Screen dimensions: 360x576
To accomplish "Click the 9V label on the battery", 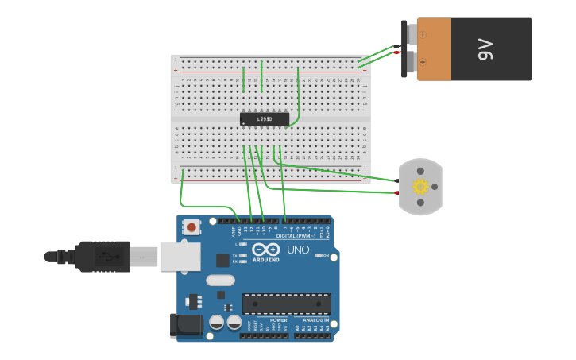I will (x=486, y=49).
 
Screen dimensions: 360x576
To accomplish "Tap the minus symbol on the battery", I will (x=423, y=35).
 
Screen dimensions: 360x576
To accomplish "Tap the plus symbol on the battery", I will (x=423, y=62).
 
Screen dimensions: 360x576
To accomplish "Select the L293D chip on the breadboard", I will (x=265, y=119).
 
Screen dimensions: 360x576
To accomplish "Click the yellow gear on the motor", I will (x=420, y=187).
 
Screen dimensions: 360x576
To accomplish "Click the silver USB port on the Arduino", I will (x=180, y=257).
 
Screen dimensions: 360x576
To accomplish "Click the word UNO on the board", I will (x=298, y=250).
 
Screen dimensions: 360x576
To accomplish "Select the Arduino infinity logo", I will (x=265, y=250).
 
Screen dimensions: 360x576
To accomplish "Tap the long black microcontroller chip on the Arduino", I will (x=287, y=304).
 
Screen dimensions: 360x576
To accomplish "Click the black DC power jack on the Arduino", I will (x=186, y=324).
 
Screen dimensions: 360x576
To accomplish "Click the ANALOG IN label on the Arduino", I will (x=315, y=320).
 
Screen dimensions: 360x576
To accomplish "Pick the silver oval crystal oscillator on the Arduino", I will (x=221, y=280).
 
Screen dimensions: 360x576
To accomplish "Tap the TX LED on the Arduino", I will (x=243, y=254).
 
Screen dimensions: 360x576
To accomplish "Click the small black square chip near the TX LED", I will (x=222, y=260).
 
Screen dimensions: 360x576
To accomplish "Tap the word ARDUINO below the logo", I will (x=265, y=260).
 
